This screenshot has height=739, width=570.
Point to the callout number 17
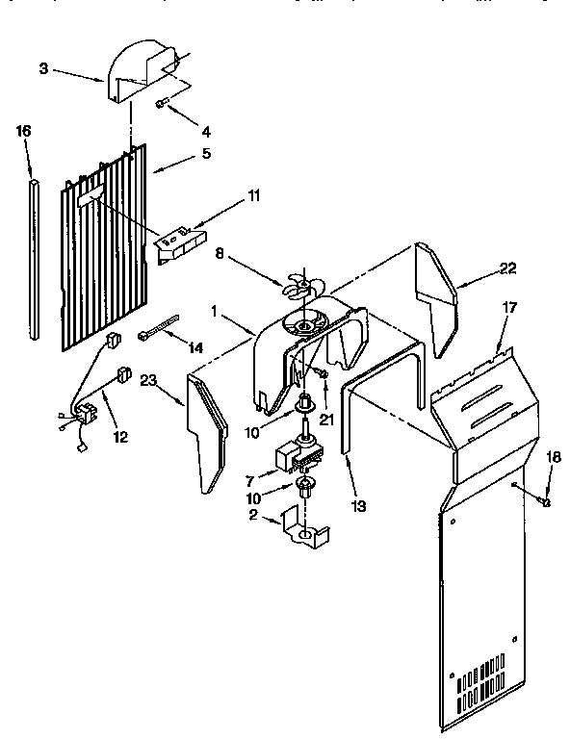point(510,309)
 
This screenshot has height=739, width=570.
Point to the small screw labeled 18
point(544,501)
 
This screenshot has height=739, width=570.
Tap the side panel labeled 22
point(435,293)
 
